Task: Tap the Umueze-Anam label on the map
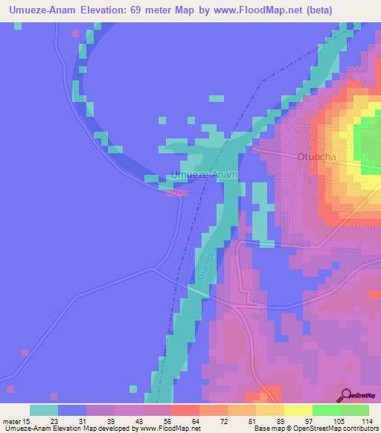pos(204,175)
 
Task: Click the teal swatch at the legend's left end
pos(43,410)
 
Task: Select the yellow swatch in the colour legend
pos(298,410)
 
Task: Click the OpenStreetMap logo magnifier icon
pos(346,394)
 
